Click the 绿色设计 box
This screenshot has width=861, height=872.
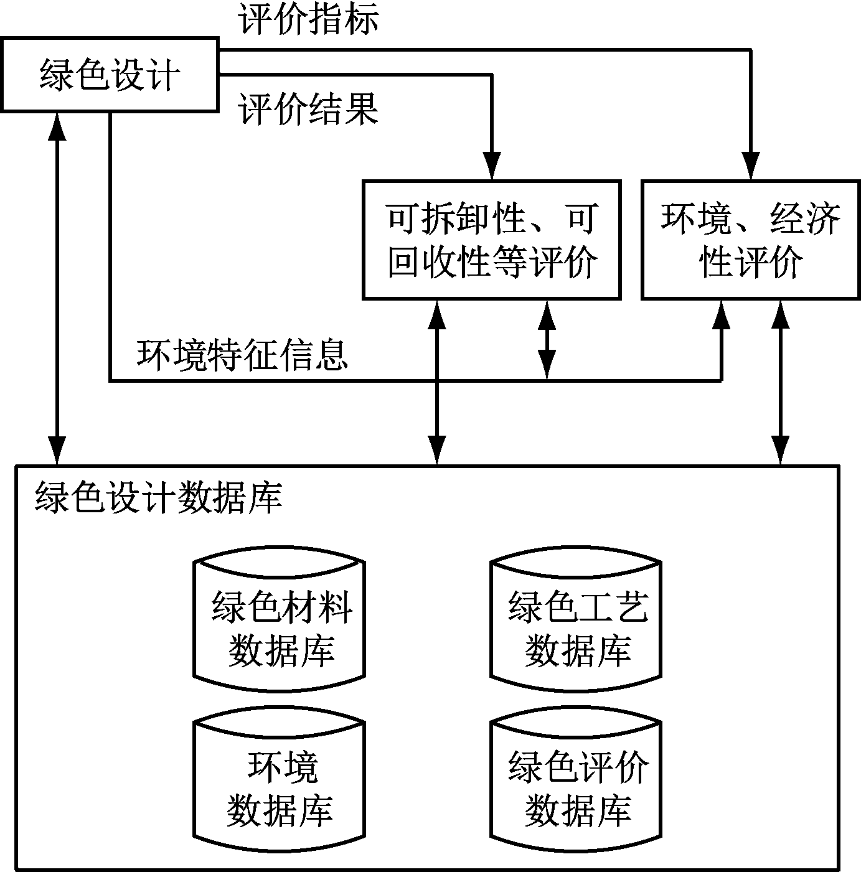[x=110, y=75]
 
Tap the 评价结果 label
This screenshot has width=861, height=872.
[x=309, y=110]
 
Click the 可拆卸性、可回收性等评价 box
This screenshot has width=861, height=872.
[x=491, y=240]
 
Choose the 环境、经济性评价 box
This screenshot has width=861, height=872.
[x=750, y=240]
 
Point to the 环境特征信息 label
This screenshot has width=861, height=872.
[x=242, y=355]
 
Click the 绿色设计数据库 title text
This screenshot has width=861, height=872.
[x=159, y=498]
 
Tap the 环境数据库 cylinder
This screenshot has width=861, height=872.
[x=280, y=787]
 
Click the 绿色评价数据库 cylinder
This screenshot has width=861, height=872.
[x=576, y=787]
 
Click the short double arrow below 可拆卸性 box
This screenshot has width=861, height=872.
[x=547, y=339]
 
